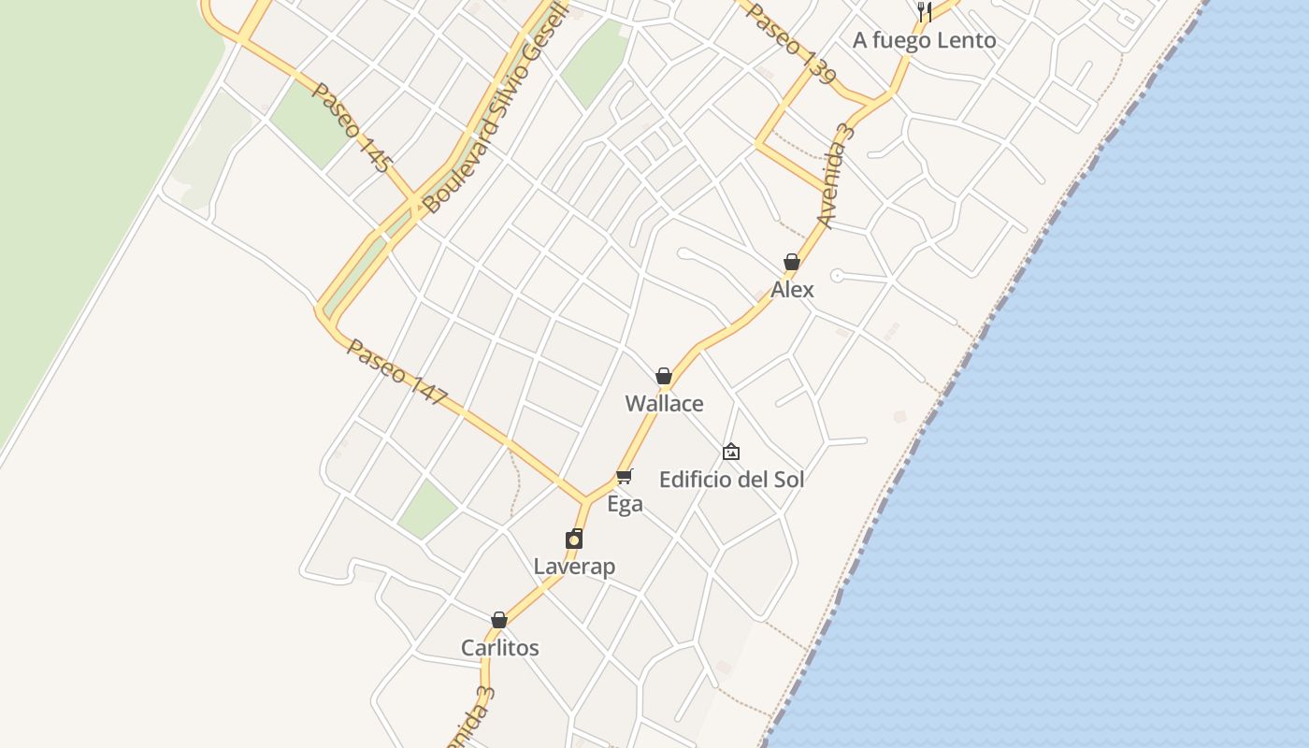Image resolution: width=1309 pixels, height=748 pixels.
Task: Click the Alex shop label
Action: click(792, 290)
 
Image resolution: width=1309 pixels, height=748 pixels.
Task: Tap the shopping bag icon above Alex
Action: click(792, 263)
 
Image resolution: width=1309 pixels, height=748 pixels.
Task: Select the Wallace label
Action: click(664, 404)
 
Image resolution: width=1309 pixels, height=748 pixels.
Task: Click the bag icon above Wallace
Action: click(664, 376)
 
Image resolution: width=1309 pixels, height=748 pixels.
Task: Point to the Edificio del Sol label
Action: click(731, 480)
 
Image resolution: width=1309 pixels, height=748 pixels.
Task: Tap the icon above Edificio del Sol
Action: click(731, 453)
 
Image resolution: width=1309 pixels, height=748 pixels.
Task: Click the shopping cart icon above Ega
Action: click(625, 477)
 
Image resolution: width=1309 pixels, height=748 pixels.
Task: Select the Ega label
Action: click(625, 505)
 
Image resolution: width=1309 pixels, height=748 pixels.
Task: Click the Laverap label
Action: click(574, 567)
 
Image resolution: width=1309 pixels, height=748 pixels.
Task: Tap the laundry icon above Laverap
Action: click(574, 539)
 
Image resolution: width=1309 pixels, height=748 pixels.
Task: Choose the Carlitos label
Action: click(499, 648)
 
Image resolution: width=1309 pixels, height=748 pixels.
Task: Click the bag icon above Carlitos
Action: click(499, 620)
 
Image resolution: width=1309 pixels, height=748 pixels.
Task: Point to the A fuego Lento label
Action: click(924, 40)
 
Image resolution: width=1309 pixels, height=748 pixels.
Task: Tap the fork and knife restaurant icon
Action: click(924, 12)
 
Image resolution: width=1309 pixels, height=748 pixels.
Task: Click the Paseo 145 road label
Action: click(351, 128)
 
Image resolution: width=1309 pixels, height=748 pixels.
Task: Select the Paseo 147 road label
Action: click(397, 371)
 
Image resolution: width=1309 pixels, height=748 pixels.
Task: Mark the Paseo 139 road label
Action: click(791, 44)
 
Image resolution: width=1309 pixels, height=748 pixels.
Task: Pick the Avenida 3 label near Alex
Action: click(836, 176)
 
